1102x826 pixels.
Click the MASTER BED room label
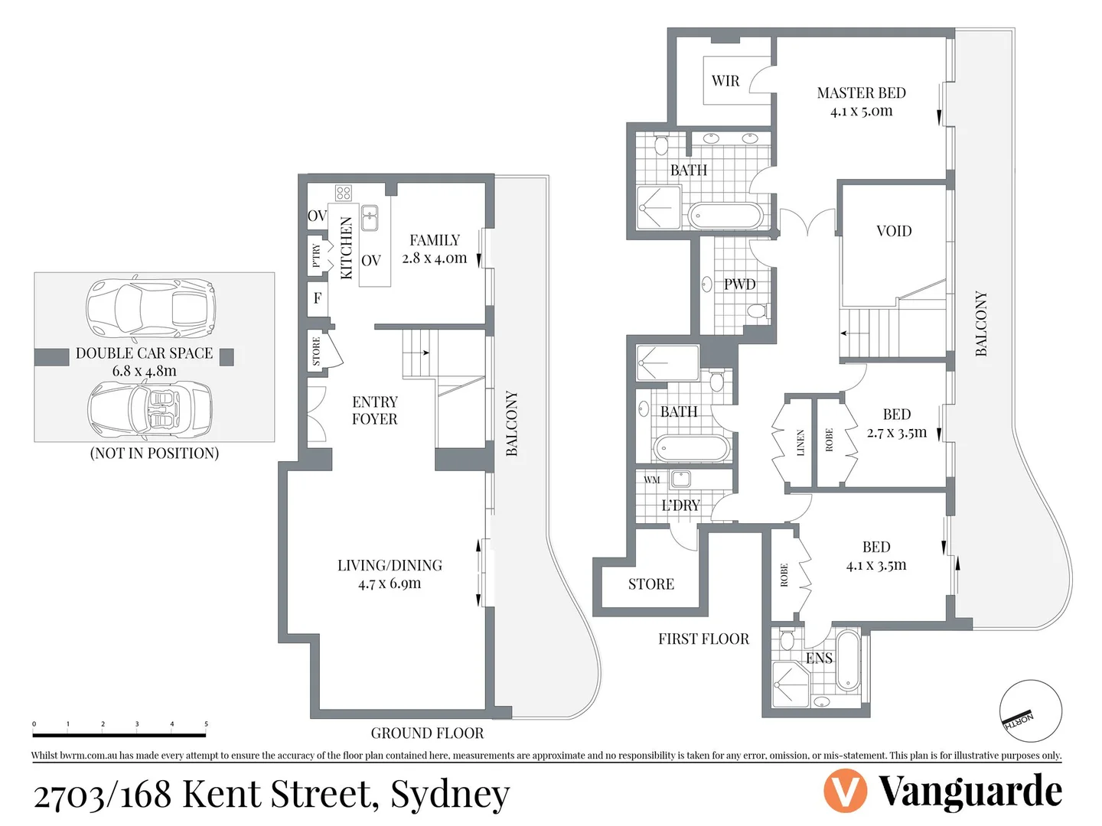[861, 93]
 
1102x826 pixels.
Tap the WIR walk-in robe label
[725, 81]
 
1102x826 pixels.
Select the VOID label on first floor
[893, 231]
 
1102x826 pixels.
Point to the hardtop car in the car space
[150, 307]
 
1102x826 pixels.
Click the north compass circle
[1030, 711]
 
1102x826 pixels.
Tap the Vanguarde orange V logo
[845, 792]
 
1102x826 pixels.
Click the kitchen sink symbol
[370, 218]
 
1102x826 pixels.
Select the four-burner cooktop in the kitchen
[343, 193]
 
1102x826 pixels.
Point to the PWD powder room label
[739, 285]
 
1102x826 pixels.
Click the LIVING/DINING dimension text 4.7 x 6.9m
[390, 584]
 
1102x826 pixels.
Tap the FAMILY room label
[434, 240]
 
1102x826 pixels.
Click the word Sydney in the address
[450, 795]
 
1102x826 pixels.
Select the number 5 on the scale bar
[206, 724]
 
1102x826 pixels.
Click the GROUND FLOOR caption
[427, 733]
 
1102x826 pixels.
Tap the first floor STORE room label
[650, 584]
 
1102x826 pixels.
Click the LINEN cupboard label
[800, 443]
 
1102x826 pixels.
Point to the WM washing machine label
[651, 480]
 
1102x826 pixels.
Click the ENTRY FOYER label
[374, 411]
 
